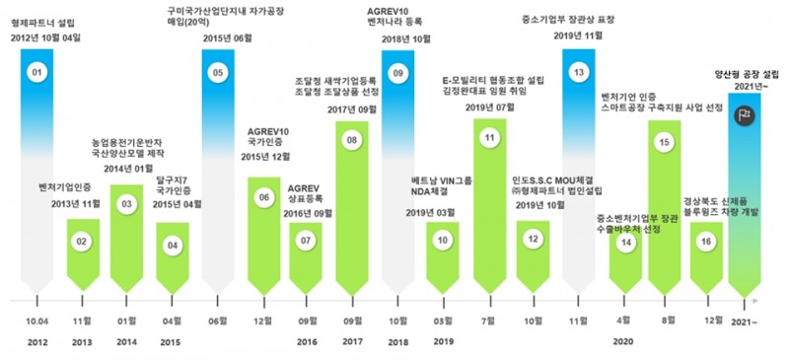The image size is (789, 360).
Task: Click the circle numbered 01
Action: pyautogui.click(x=37, y=73)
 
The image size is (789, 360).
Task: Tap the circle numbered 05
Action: pyautogui.click(x=219, y=73)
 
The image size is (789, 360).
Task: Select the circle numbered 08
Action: pyautogui.click(x=352, y=141)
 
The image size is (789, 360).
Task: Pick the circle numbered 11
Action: pyautogui.click(x=488, y=140)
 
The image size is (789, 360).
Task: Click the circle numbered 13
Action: pyautogui.click(x=580, y=73)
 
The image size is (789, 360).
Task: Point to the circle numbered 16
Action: pyautogui.click(x=705, y=242)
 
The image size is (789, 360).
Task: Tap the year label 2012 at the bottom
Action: pyautogui.click(x=36, y=342)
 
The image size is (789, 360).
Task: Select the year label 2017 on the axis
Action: pyautogui.click(x=352, y=342)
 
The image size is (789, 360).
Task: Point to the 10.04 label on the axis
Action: pyautogui.click(x=36, y=321)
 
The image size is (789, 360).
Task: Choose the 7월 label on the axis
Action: pyautogui.click(x=488, y=321)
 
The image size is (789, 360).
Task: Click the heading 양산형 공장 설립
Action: pyautogui.click(x=749, y=74)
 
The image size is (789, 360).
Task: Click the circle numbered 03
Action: pyautogui.click(x=126, y=204)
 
